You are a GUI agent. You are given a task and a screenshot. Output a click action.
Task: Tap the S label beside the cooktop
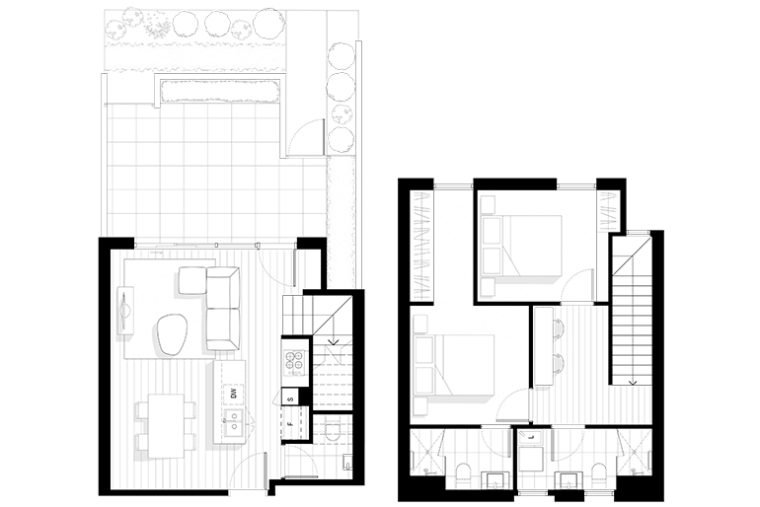290,398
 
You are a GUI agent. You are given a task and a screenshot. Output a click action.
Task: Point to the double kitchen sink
234,426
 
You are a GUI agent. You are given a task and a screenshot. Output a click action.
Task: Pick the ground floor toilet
333,433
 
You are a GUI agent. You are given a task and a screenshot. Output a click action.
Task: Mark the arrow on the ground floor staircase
333,343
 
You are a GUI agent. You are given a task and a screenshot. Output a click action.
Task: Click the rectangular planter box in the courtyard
219,92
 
